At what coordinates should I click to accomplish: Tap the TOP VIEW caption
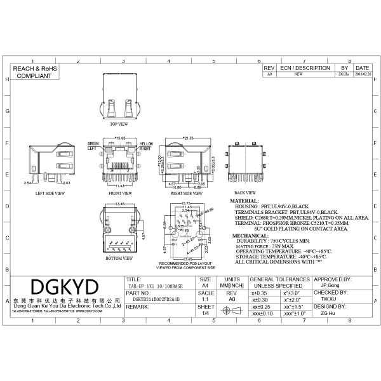119,124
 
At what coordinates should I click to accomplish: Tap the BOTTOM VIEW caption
119,260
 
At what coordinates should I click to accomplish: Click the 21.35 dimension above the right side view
188,138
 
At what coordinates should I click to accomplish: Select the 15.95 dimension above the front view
119,137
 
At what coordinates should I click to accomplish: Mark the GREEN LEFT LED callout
93,145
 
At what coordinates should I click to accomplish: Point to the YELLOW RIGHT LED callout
146,145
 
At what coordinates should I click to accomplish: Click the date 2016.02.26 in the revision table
362,74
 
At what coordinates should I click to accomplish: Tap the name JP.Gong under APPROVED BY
328,286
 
